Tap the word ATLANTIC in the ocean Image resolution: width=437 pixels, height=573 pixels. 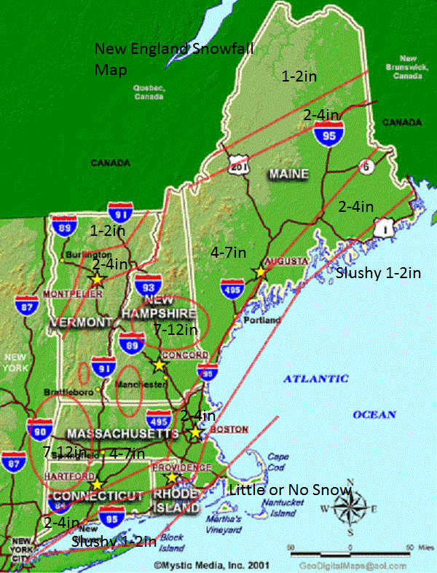315,379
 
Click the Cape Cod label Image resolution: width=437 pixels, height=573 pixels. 277,462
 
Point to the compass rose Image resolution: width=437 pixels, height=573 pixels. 351,508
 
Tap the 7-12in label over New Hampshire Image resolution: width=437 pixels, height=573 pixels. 176,330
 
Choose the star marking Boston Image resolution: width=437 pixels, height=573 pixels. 195,432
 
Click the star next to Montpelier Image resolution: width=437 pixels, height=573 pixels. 97,279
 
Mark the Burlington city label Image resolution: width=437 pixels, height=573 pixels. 82,256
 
